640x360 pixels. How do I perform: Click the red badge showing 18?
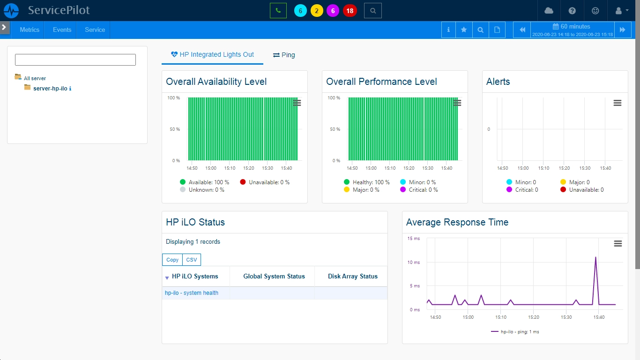[350, 11]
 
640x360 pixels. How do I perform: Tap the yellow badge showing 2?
[317, 11]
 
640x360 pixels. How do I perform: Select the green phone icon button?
[278, 11]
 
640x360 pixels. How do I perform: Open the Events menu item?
[62, 30]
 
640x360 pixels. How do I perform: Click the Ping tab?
[284, 55]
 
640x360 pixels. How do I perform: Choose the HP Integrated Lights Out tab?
[212, 54]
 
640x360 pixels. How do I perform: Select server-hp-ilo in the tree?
[50, 88]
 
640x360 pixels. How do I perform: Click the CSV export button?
[192, 260]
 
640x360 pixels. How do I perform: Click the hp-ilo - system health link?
[192, 293]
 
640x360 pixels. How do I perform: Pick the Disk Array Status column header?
[353, 276]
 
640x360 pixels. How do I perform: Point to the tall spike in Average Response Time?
[595, 257]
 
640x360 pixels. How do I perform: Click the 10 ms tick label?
[413, 262]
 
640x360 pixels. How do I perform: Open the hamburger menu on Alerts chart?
[618, 103]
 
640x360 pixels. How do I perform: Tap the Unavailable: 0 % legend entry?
[265, 182]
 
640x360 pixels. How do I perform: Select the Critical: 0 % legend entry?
[419, 189]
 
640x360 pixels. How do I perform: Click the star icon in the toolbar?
[464, 30]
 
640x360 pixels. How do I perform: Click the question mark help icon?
[572, 11]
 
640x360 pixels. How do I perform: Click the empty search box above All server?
[75, 60]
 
